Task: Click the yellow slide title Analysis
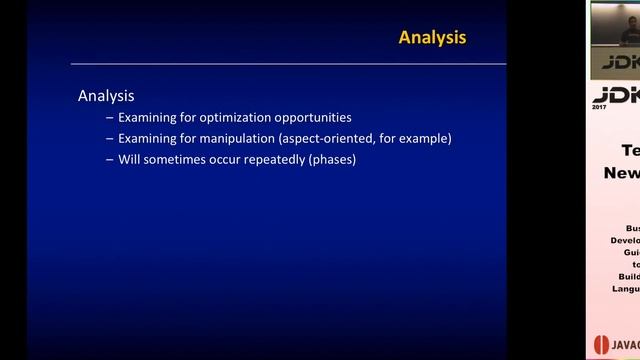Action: (432, 38)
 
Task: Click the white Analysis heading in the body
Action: (106, 96)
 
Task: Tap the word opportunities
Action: (315, 117)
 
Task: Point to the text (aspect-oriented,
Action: (330, 138)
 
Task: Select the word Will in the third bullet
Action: (129, 159)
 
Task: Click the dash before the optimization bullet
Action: (109, 117)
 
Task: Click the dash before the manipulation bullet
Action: (109, 138)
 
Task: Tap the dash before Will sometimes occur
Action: (109, 159)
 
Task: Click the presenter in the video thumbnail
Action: (628, 35)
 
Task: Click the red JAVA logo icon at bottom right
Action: (601, 344)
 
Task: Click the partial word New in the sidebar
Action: (621, 172)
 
